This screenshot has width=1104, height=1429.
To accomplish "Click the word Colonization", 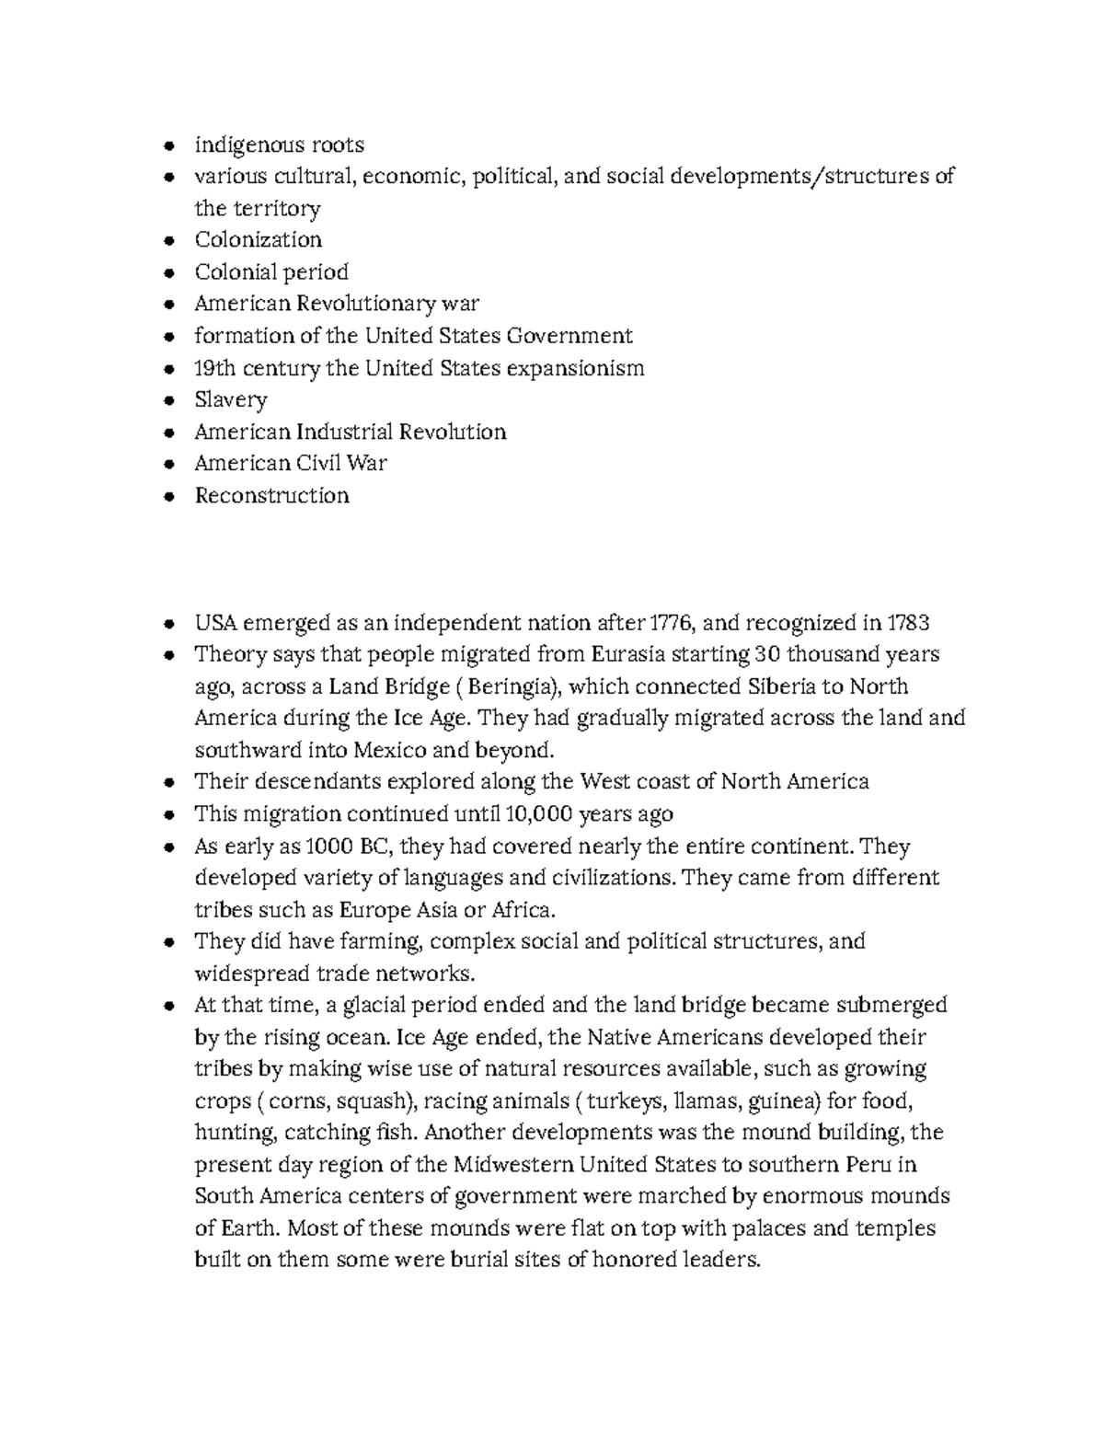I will tap(258, 240).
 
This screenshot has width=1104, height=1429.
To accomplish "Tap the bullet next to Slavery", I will tap(167, 401).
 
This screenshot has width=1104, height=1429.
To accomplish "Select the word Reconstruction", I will tap(271, 496).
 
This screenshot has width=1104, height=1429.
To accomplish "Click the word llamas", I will tap(707, 1101).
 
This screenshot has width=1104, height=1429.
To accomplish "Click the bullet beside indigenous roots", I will tap(167, 145).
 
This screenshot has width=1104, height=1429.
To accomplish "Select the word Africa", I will tap(523, 910).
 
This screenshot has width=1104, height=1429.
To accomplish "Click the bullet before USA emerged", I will tap(167, 624).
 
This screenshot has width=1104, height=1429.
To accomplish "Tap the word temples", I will tap(895, 1228).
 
